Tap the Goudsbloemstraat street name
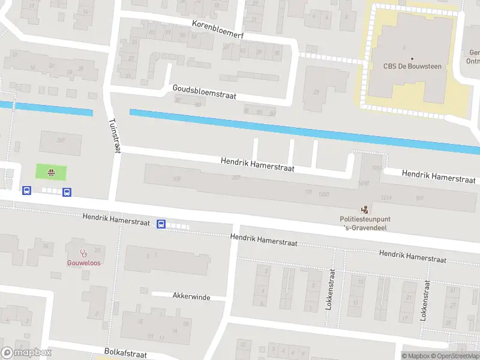coord(204,91)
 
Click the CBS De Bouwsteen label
coord(412,66)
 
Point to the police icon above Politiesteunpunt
coord(364,209)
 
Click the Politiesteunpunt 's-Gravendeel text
coord(364,223)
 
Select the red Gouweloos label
coord(83,263)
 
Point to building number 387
coord(60,141)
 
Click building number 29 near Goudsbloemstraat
coord(316,92)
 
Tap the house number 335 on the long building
coord(176,178)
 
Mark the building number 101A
coord(377,167)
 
